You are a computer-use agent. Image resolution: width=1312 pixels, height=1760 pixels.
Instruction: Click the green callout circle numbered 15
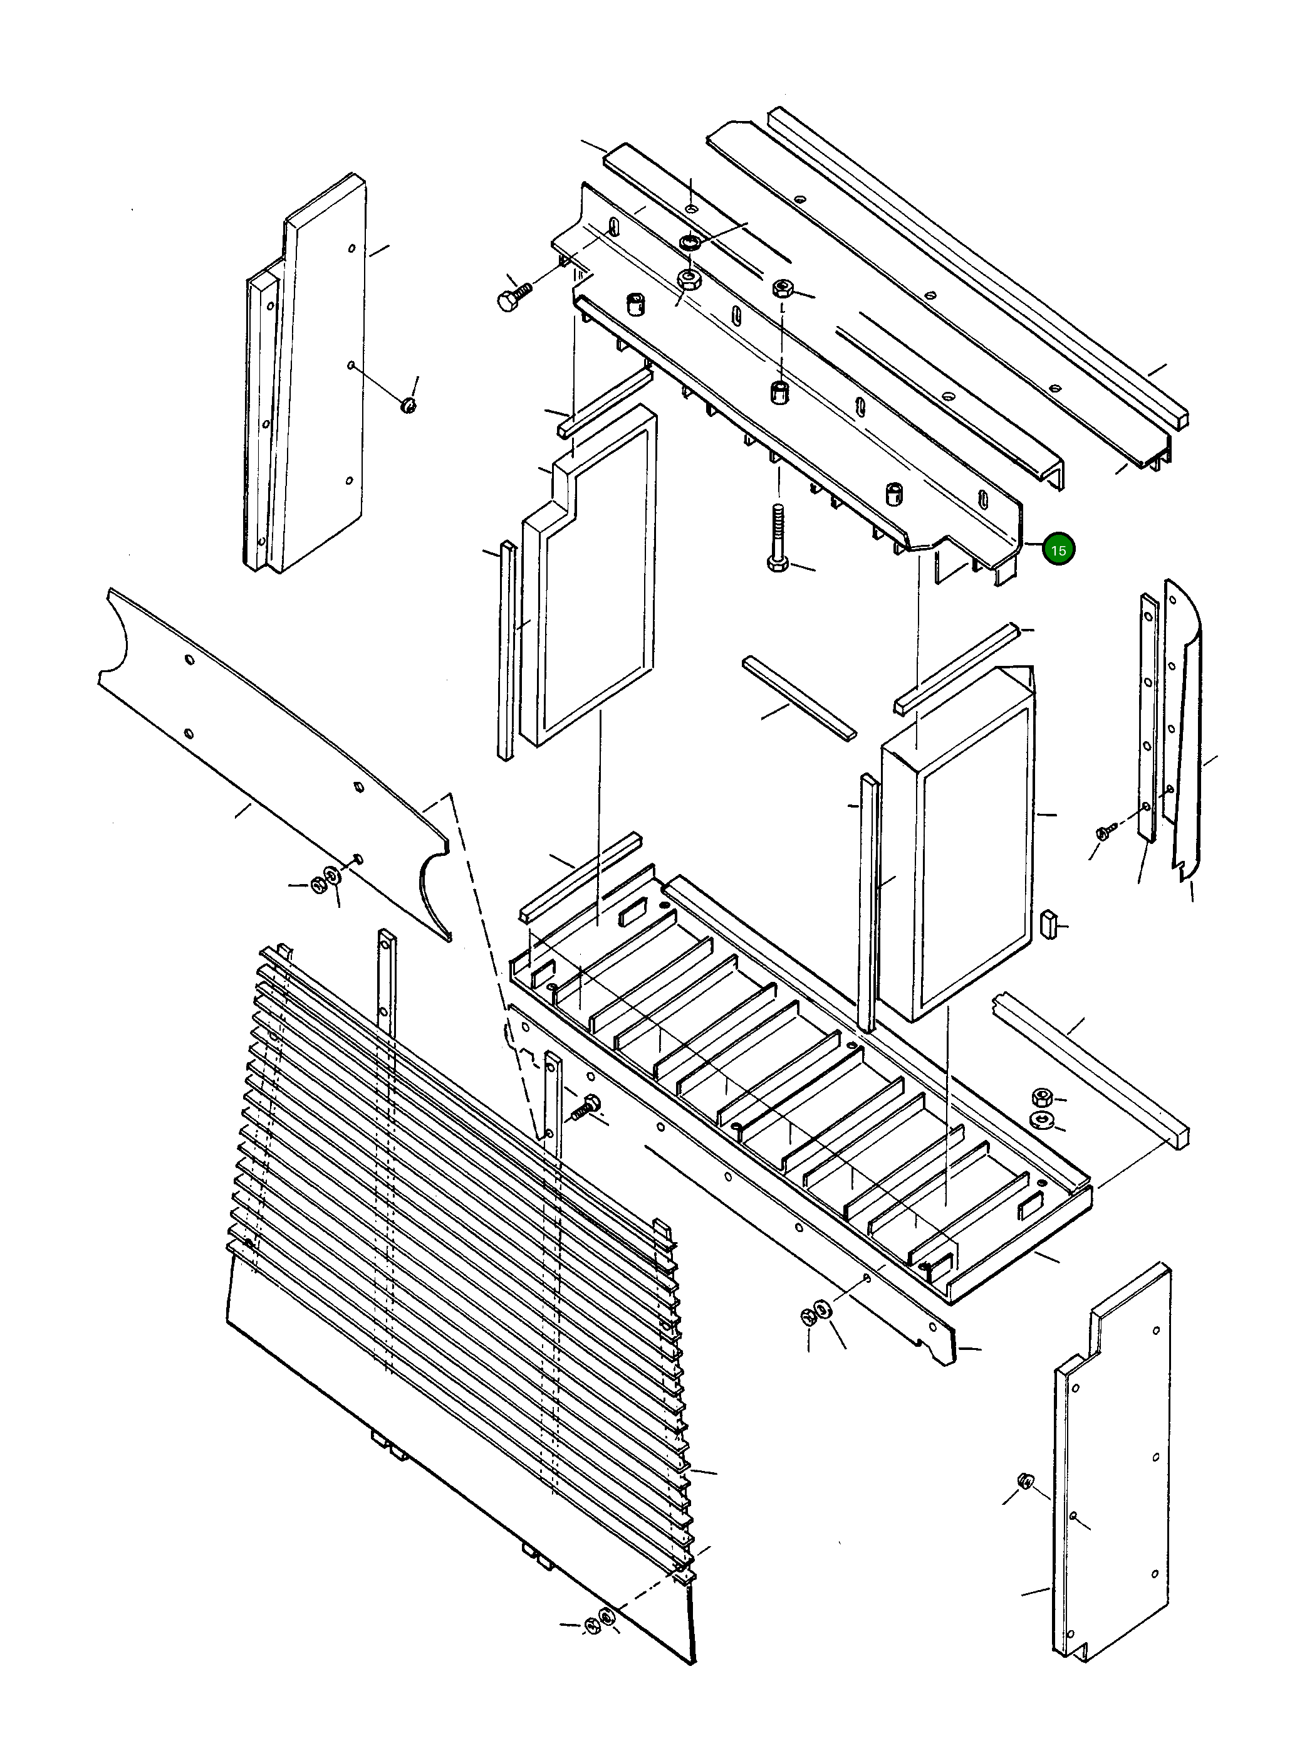tap(1058, 549)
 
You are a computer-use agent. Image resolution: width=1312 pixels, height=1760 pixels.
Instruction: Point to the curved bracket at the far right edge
tap(1185, 731)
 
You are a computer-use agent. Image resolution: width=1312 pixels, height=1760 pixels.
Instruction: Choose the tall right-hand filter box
tap(957, 842)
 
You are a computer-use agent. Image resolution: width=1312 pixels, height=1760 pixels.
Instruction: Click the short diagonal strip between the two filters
tap(799, 698)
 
